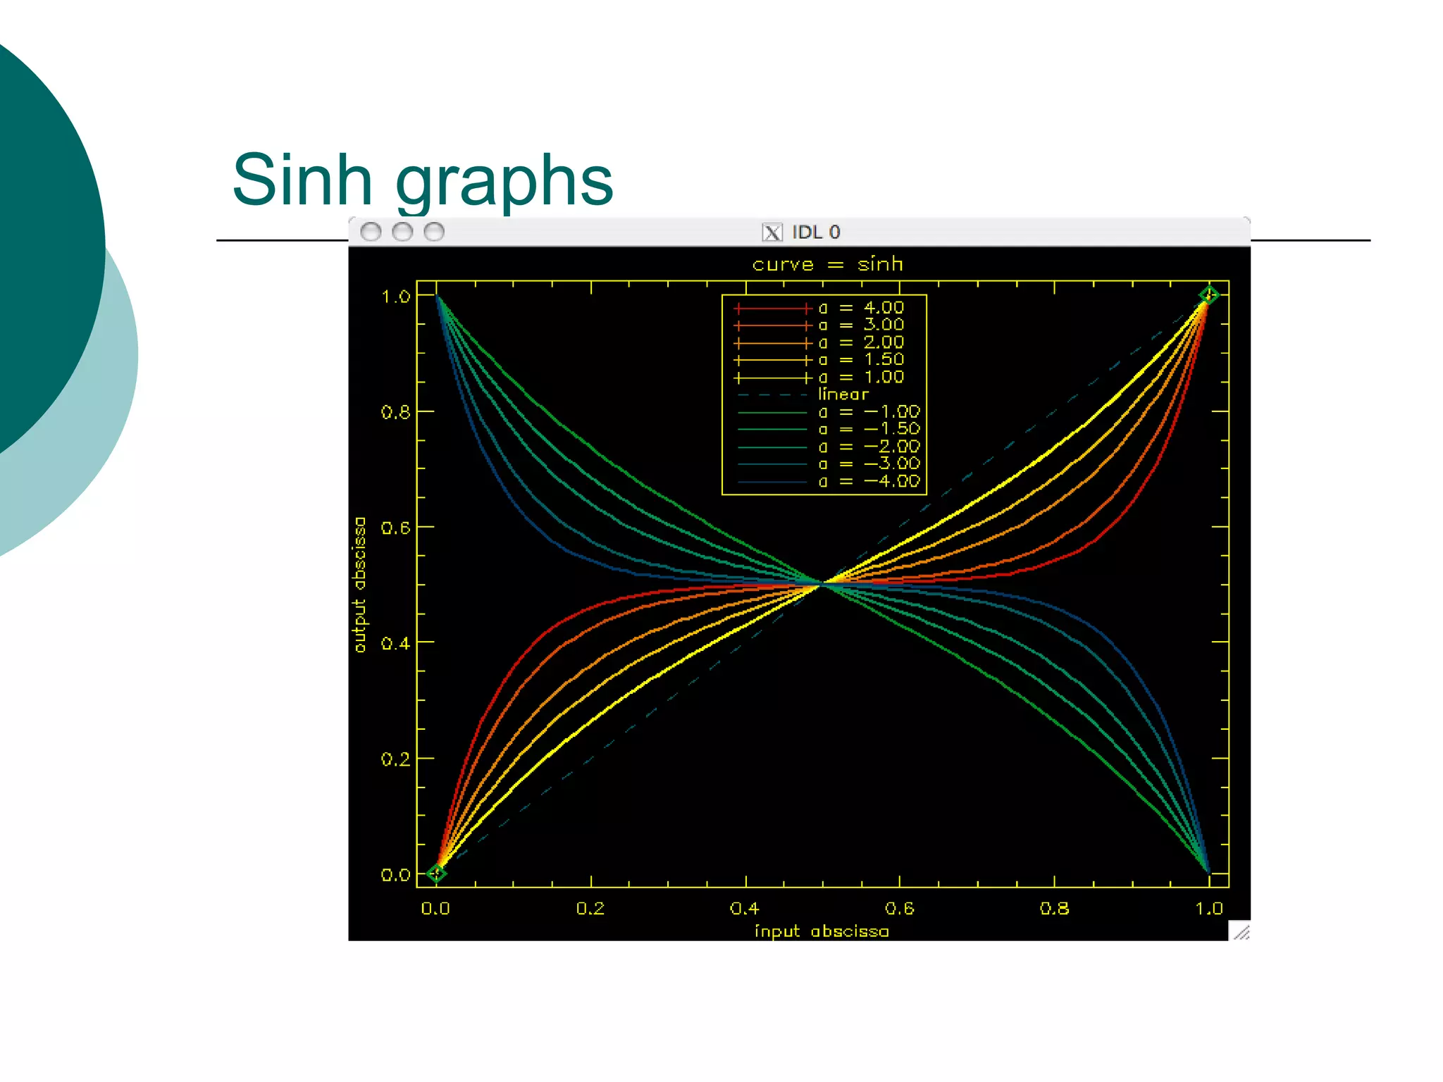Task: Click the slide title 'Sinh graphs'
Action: [423, 180]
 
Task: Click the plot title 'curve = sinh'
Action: [827, 264]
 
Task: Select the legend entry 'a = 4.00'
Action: [860, 308]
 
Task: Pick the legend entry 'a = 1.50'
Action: [860, 360]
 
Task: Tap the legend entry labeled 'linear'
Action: [843, 394]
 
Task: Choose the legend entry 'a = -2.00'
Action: [869, 447]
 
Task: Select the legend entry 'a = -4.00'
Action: [869, 481]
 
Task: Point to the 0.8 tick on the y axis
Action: [395, 412]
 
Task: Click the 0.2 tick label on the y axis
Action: [395, 759]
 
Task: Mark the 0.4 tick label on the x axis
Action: [745, 909]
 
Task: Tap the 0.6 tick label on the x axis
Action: [900, 909]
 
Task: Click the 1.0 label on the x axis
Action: [1209, 909]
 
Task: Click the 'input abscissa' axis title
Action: [822, 931]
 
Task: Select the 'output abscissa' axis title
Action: [360, 585]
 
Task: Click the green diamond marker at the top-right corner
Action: [1209, 296]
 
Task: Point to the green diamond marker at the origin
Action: [436, 873]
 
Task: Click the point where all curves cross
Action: [822, 584]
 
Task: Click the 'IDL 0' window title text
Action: [816, 232]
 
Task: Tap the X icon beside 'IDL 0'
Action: [772, 232]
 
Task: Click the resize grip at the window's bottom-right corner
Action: [1241, 932]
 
